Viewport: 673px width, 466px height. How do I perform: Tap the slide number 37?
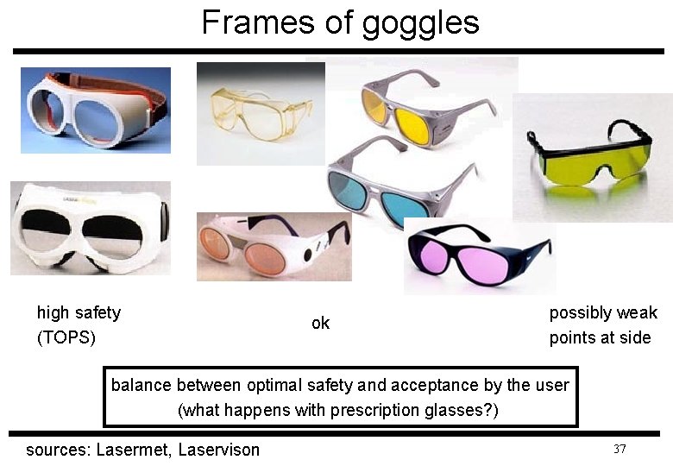(619, 449)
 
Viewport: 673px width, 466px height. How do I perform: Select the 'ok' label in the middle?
(320, 324)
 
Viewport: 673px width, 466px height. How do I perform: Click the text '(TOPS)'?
(66, 337)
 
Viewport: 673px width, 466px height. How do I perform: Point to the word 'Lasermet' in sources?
(133, 450)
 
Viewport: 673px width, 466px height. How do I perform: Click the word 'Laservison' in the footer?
(218, 450)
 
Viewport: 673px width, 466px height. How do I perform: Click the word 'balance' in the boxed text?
(141, 385)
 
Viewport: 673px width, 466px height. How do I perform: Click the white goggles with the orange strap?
(95, 110)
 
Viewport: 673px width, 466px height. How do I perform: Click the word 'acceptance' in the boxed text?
(437, 385)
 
